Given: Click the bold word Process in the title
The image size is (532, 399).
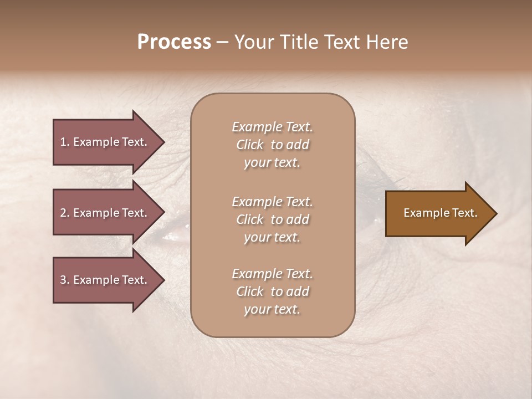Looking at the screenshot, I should pyautogui.click(x=174, y=42).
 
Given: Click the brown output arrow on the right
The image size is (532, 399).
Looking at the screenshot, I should pyautogui.click(x=438, y=213).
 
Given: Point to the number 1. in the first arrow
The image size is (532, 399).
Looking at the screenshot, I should pyautogui.click(x=65, y=142).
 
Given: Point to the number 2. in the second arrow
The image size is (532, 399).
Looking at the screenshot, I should pyautogui.click(x=65, y=213).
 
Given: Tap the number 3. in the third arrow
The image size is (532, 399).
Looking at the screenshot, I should pyautogui.click(x=65, y=280).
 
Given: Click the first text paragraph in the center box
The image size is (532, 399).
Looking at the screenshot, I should pyautogui.click(x=272, y=145).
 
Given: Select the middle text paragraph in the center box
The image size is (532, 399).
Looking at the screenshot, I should pyautogui.click(x=272, y=219).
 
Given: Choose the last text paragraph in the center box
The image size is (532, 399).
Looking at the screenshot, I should pyautogui.click(x=272, y=291).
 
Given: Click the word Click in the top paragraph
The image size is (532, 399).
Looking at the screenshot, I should pyautogui.click(x=250, y=145).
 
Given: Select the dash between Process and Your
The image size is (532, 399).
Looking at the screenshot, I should pyautogui.click(x=222, y=42).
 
